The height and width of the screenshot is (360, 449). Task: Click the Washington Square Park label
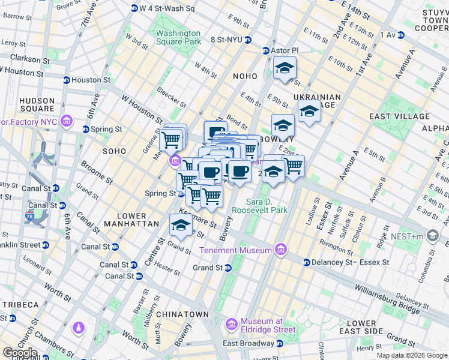[179, 37]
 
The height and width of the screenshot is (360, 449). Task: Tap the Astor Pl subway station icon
[265, 51]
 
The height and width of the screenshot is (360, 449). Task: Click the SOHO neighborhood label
[114, 151]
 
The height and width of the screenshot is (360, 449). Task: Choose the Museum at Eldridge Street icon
[232, 325]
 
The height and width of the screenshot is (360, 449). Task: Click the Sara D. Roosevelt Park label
[261, 205]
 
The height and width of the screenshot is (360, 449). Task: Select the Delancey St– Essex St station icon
[306, 262]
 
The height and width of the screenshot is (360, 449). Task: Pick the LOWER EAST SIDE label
[361, 327]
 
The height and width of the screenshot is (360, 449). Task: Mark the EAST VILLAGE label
[399, 116]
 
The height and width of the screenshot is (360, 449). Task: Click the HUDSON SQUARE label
[37, 105]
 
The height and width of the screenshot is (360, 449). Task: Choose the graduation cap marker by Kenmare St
[180, 225]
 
